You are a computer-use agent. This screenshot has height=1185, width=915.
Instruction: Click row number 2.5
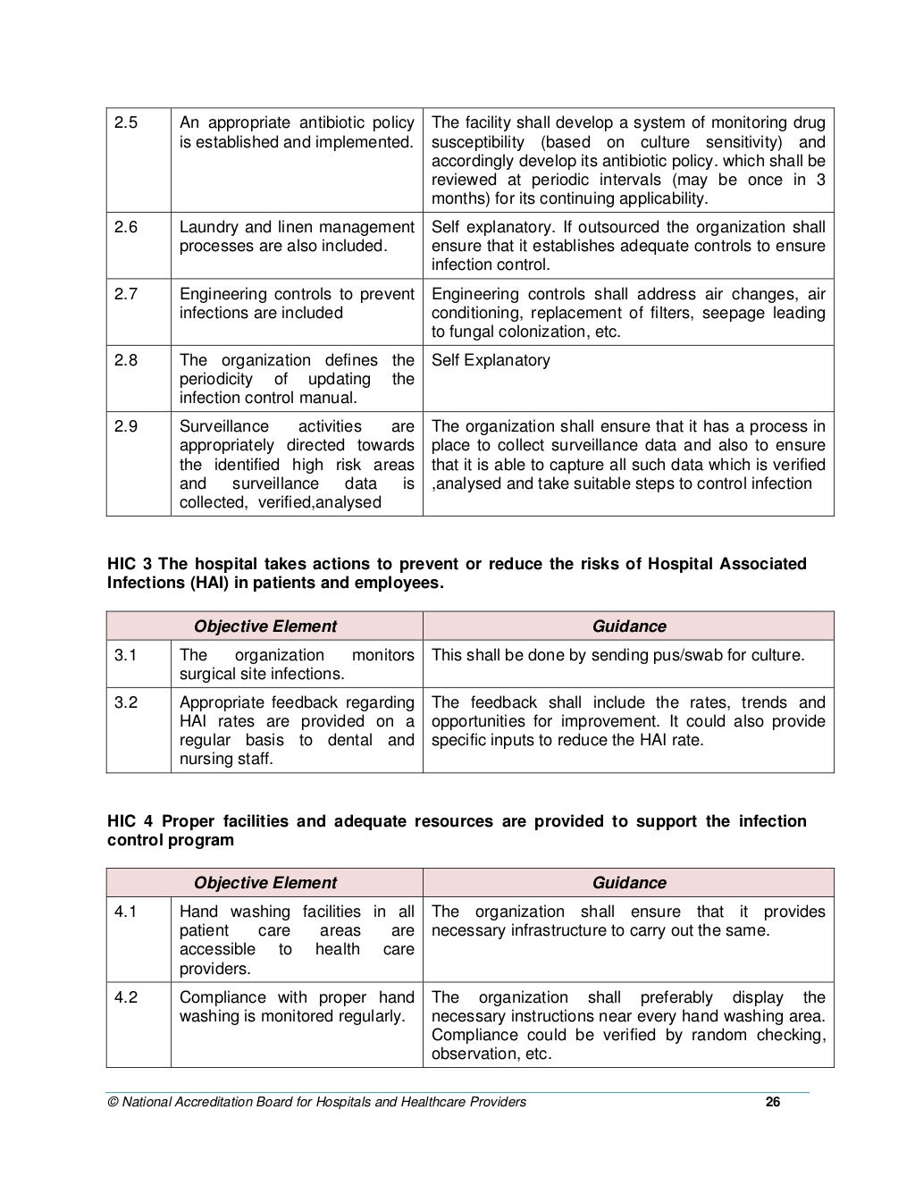coord(126,122)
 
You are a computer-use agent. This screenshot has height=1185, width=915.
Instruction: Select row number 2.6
coord(126,227)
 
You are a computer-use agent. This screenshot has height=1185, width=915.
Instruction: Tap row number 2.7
coord(126,294)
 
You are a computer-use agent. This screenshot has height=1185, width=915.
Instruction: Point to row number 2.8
coord(126,360)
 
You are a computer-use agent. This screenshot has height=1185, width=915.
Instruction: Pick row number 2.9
coord(126,426)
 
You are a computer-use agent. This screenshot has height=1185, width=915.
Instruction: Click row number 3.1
coord(126,655)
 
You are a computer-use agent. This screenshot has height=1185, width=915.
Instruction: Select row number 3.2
coord(126,702)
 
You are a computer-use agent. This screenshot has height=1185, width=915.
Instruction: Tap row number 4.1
coord(126,912)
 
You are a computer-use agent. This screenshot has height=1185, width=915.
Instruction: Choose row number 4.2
coord(126,997)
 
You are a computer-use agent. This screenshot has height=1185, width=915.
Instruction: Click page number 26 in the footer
coord(773,1102)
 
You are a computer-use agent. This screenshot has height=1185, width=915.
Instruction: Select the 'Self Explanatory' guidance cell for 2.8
coord(491,360)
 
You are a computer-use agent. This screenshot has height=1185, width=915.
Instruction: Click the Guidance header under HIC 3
coord(629,626)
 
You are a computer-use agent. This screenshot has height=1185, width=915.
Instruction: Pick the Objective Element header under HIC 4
coord(265,883)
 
